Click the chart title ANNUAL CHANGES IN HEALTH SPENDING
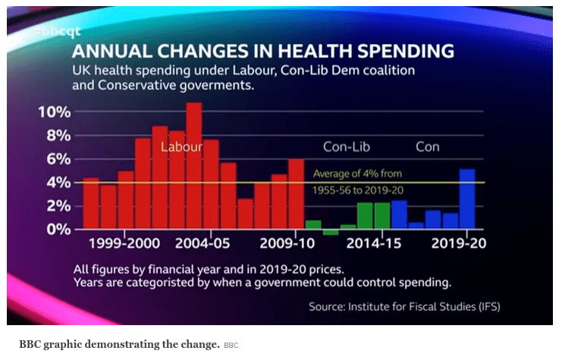pos(263,52)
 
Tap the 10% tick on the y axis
pos(54,112)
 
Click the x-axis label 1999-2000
pos(124,244)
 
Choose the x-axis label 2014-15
pos(374,244)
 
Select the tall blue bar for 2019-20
pos(468,199)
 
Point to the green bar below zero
pos(330,232)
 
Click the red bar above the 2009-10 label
pos(296,194)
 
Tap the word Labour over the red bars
pos(181,146)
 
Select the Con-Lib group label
pos(347,146)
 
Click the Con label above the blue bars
pos(428,146)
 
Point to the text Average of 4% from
pos(358,174)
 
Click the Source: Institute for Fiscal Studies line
pos(404,307)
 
